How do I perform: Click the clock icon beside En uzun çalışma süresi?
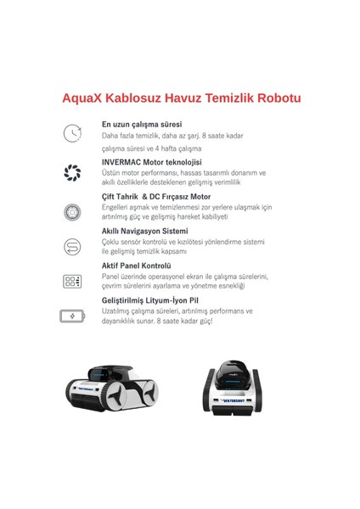coord(72,133)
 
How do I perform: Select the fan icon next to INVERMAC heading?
coord(72,173)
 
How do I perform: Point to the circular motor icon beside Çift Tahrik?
coord(72,211)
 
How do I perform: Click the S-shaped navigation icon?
coord(72,248)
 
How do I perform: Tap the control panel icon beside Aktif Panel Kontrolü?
coord(72,282)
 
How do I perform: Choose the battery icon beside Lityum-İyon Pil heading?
coord(72,316)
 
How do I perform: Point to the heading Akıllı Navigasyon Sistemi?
coord(145,231)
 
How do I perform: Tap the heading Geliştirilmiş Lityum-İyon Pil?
coord(152,299)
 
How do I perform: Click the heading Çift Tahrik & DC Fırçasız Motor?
coord(156,196)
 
